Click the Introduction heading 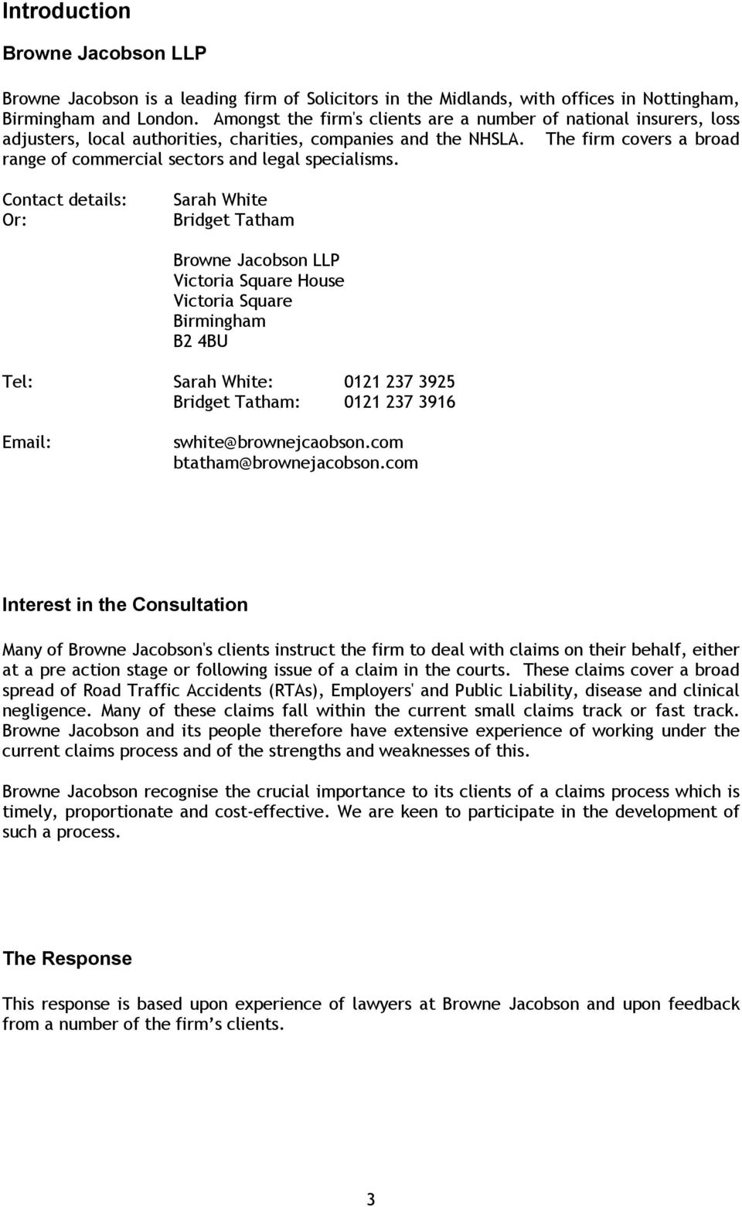(66, 12)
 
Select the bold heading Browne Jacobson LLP (104, 53)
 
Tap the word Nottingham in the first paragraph (692, 98)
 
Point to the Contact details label (64, 199)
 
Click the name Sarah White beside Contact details (220, 199)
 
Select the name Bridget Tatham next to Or (233, 219)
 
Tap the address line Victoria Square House (259, 280)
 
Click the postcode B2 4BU (200, 341)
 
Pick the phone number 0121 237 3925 (399, 382)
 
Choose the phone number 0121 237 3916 (399, 402)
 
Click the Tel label (17, 382)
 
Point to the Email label (27, 442)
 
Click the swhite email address (288, 442)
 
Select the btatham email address (295, 462)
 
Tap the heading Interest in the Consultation (125, 605)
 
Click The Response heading (67, 958)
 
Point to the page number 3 (371, 1198)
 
